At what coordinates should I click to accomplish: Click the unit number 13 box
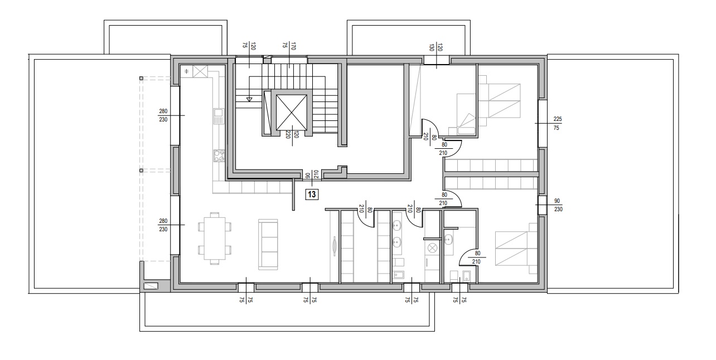click(312, 194)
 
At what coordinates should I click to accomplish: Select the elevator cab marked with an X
click(291, 113)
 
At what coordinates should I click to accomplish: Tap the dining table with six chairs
click(215, 239)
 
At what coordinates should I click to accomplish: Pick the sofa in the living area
click(268, 245)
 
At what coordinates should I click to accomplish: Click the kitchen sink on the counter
click(219, 116)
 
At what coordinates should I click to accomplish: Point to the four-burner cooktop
click(219, 156)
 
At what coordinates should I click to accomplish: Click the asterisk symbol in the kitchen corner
click(186, 71)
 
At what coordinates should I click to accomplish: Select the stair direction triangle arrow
click(249, 99)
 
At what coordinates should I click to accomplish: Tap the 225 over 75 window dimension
click(557, 123)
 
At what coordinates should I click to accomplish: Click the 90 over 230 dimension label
click(558, 205)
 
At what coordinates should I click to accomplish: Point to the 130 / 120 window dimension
click(436, 48)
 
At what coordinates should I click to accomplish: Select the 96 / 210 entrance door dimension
click(312, 174)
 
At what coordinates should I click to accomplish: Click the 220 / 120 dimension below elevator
click(292, 135)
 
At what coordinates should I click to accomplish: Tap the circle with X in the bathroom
click(432, 247)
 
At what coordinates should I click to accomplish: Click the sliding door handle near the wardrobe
click(335, 245)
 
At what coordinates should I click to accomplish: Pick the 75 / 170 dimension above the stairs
click(289, 46)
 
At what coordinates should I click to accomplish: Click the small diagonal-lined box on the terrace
click(151, 286)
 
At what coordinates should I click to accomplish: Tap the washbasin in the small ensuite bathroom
click(448, 239)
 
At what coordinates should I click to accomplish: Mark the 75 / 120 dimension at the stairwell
click(249, 46)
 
